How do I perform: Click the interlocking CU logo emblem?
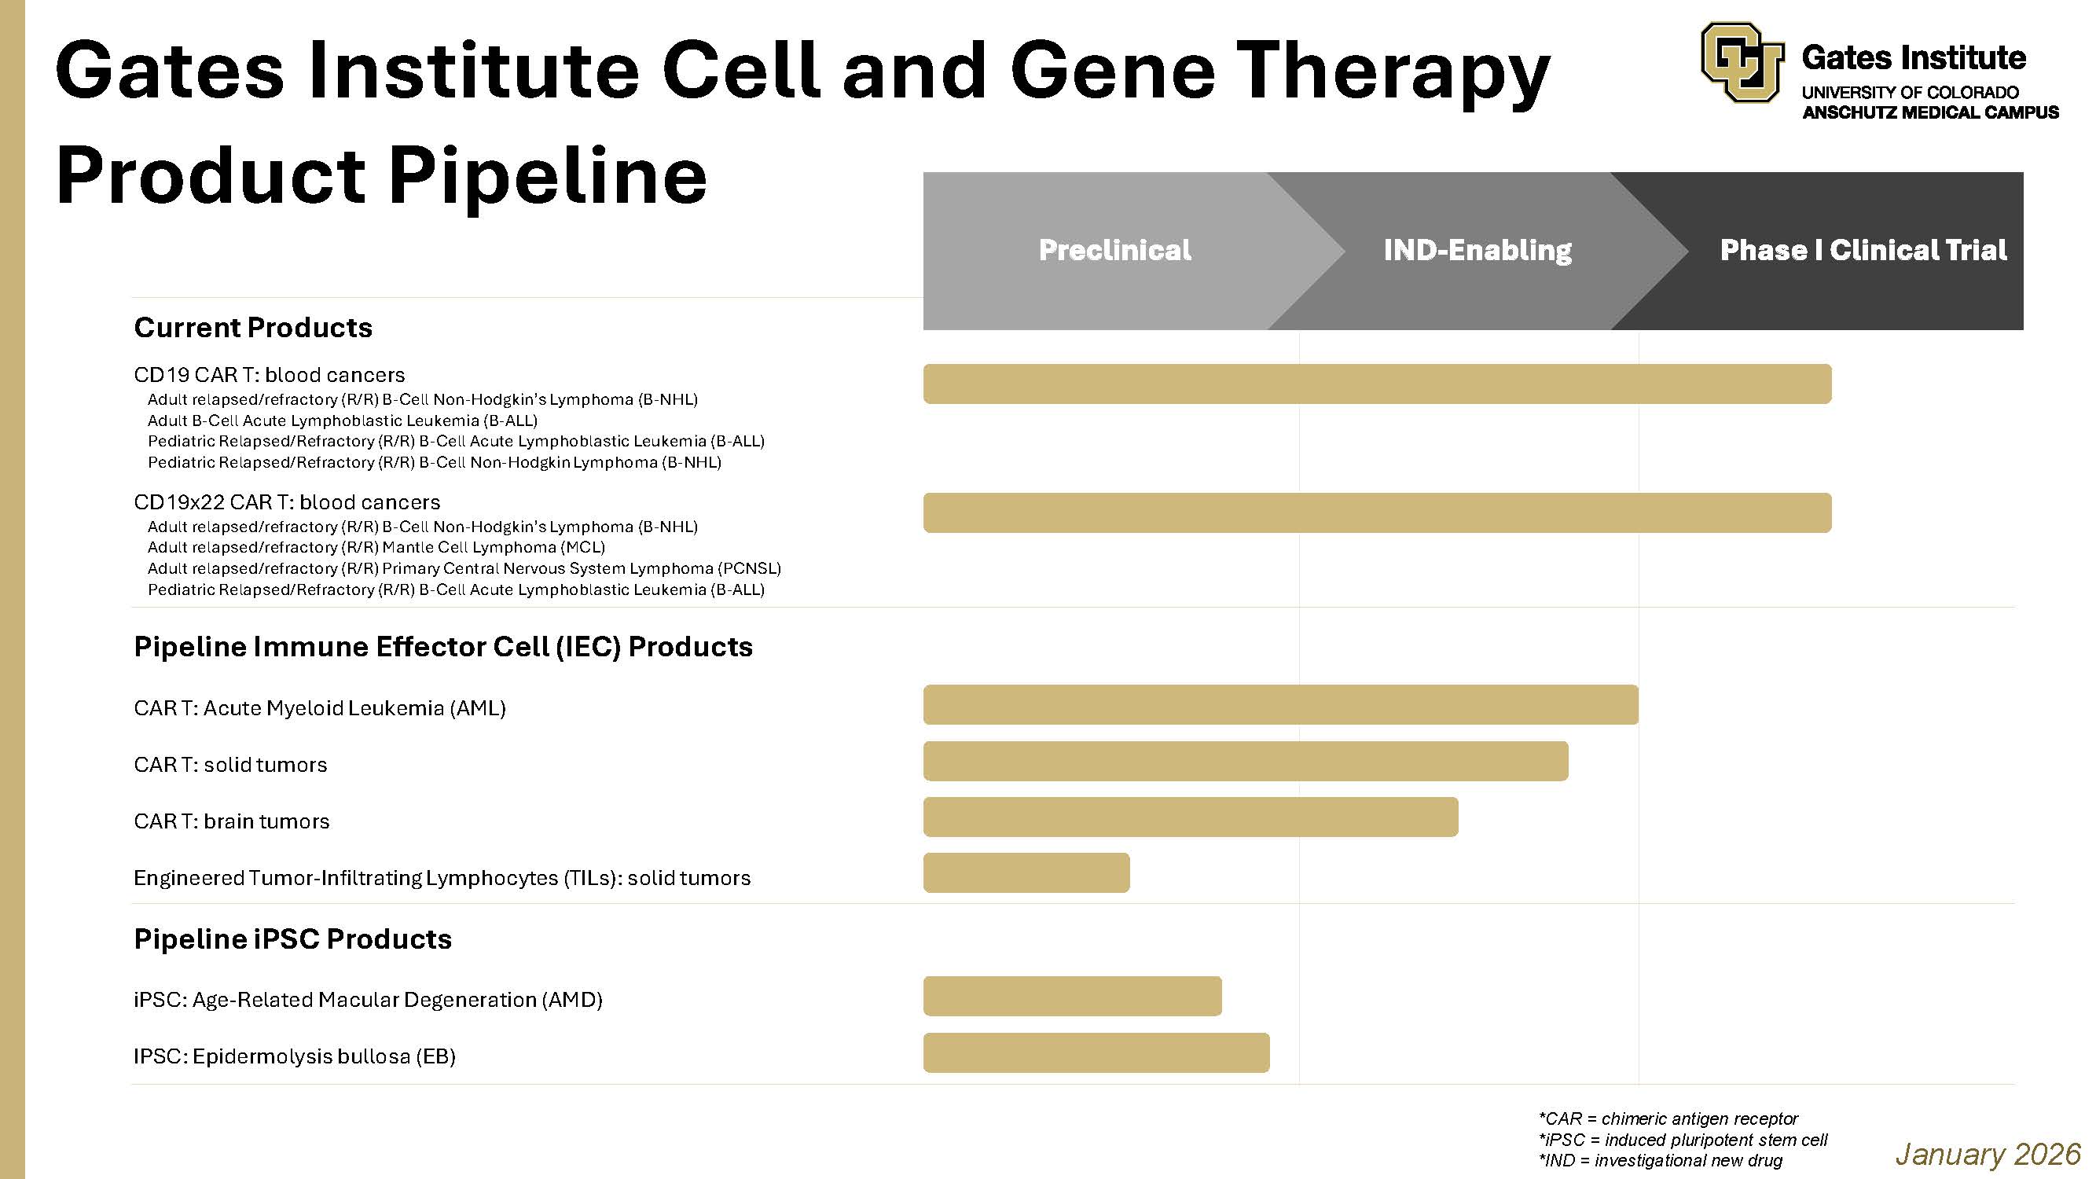coord(1742,62)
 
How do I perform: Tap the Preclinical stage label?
coord(1114,250)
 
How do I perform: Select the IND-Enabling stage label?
coord(1477,250)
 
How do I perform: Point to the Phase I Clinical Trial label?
coord(1863,250)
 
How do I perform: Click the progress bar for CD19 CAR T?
coord(1377,384)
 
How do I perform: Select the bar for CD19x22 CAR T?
coord(1377,512)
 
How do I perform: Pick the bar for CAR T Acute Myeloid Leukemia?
coord(1280,704)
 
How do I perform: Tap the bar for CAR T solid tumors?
coord(1245,762)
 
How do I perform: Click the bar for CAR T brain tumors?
coord(1191,817)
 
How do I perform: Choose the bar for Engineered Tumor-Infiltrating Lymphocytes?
coord(1026,873)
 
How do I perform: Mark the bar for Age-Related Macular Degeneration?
coord(1073,996)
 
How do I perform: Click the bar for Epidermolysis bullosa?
coord(1096,1053)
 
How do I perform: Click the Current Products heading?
coord(253,328)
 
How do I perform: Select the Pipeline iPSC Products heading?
coord(292,939)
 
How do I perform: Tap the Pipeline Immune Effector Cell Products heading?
coord(442,647)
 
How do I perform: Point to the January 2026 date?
coord(1988,1154)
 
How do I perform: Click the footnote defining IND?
coord(1660,1160)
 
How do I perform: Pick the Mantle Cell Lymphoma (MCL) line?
coord(376,548)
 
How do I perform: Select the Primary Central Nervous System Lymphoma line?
coord(464,569)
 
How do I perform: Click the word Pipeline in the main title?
coord(547,177)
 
